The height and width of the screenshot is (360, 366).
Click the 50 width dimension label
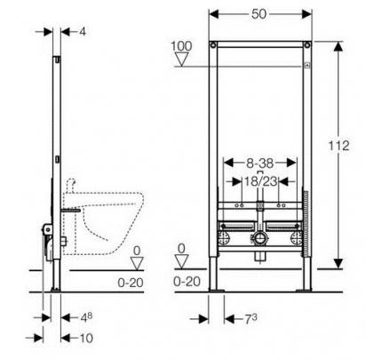tap(259, 14)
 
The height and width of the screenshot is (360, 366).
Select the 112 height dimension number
tap(338, 146)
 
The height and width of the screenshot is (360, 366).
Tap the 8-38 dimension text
tap(259, 163)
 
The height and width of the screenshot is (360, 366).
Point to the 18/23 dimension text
tap(260, 181)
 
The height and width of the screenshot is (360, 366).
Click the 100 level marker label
tap(181, 46)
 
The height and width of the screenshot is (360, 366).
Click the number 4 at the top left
tap(83, 32)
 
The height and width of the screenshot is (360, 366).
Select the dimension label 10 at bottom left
tap(86, 338)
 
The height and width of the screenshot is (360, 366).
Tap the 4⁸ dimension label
tap(86, 317)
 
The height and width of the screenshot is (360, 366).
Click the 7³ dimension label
tap(251, 319)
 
